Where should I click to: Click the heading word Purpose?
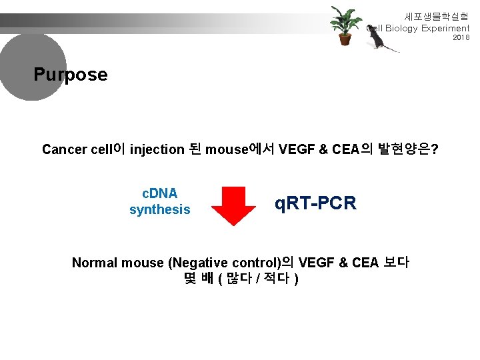[71, 74]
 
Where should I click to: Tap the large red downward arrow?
[234, 202]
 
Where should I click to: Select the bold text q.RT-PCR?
[315, 203]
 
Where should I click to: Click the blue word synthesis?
[159, 210]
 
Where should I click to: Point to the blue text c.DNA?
[160, 193]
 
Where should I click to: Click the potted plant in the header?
[345, 25]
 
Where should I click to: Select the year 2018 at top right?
[461, 38]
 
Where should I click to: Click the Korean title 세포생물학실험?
[437, 16]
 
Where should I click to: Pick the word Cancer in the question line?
[63, 149]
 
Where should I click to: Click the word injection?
[157, 149]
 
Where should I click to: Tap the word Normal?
[93, 263]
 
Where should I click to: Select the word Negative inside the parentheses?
[199, 263]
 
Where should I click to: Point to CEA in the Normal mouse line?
[365, 263]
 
